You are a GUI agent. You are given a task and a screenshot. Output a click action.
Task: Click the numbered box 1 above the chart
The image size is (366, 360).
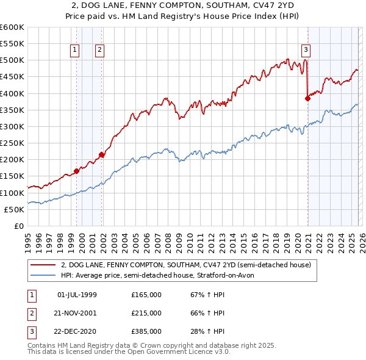(x=74, y=51)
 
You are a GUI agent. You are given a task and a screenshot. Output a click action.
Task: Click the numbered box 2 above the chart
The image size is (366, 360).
(x=99, y=51)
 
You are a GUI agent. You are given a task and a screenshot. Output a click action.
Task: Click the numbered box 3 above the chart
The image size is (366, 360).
(x=306, y=51)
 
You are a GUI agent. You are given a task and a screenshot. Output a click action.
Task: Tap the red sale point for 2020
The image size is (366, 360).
(x=307, y=98)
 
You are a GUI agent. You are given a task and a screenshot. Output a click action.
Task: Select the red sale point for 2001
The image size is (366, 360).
(x=102, y=155)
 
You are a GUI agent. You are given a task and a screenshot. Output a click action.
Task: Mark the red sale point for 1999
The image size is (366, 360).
(x=76, y=171)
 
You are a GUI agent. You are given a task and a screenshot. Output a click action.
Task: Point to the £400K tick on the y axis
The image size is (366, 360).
(x=12, y=93)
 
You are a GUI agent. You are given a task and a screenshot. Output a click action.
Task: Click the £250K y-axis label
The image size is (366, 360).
(x=12, y=143)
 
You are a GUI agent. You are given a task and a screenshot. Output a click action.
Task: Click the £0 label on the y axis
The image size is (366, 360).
(x=18, y=226)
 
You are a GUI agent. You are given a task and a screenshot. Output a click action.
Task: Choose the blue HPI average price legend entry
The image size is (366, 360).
(x=161, y=275)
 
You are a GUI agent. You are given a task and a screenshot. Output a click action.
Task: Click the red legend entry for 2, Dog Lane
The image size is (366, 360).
(x=186, y=265)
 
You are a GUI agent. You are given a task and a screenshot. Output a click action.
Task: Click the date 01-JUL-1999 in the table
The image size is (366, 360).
(x=77, y=295)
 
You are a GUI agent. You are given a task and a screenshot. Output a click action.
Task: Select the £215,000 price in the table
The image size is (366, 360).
(x=146, y=313)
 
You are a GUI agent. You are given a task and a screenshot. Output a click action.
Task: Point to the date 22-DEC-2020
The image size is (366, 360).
(x=77, y=331)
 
